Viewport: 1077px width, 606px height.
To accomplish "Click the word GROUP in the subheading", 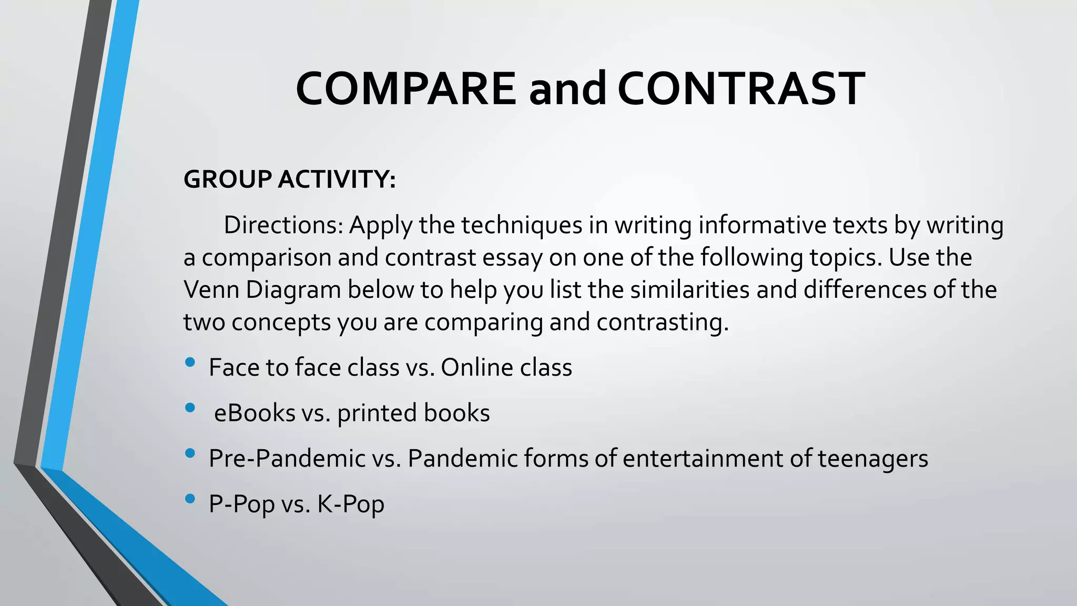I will pos(227,179).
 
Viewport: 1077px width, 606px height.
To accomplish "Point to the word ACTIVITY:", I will pos(337,179).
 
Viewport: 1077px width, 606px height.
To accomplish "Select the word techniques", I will pos(522,225).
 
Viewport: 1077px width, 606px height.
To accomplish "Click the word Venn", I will pos(211,290).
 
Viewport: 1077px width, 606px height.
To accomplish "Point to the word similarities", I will pos(689,290).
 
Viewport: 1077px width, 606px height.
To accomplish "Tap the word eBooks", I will pos(255,413).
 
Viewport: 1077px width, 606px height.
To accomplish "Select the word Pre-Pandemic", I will pos(287,458).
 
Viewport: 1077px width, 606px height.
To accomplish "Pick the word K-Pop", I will pos(350,504).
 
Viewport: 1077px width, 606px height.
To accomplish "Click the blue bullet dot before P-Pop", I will pos(190,498).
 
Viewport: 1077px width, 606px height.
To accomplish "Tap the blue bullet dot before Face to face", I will pos(190,362).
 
